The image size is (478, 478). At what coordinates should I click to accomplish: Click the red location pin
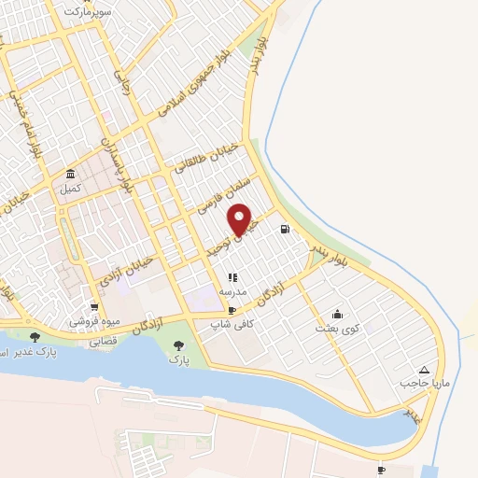(242, 219)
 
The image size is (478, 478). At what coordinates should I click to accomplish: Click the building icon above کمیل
(71, 174)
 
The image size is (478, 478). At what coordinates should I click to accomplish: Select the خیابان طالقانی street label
(206, 160)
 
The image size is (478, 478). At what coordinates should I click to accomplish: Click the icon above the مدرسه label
(232, 277)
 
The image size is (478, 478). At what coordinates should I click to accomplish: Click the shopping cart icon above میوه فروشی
(94, 306)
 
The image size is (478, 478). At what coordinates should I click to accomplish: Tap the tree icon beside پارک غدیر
(35, 337)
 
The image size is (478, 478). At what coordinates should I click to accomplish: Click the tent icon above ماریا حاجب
(425, 370)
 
